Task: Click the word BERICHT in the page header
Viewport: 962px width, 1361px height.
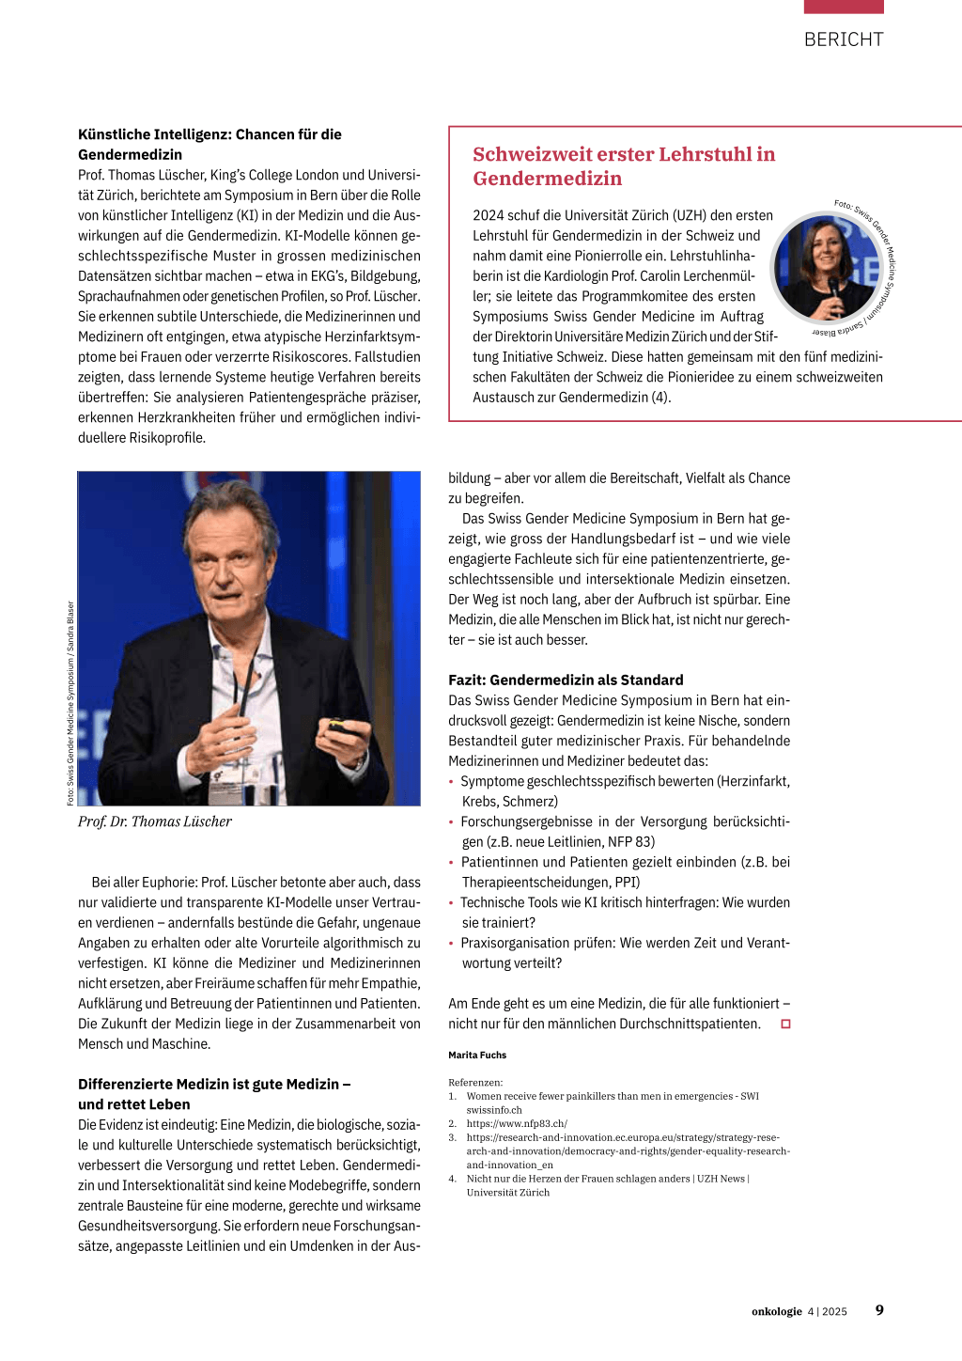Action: point(844,39)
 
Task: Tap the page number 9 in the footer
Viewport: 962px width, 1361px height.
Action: point(879,1310)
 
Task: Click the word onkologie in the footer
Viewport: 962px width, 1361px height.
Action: point(776,1311)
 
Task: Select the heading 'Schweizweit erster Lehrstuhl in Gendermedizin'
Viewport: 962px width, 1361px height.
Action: point(624,166)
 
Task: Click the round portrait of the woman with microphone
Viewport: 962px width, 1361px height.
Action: point(827,268)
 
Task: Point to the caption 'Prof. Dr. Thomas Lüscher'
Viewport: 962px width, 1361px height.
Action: point(155,821)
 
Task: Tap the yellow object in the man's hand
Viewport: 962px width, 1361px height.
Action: point(336,727)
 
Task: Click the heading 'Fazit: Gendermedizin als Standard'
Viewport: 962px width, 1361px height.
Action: point(566,680)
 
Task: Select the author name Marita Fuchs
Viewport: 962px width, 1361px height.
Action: point(477,1055)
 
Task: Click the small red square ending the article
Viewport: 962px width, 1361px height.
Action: point(785,1024)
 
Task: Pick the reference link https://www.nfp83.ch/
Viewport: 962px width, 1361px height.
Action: point(517,1123)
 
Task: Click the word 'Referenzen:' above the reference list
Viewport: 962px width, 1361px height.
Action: point(475,1082)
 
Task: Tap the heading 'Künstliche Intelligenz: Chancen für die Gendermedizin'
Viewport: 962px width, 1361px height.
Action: point(209,144)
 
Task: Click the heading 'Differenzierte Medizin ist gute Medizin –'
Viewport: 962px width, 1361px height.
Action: point(214,1084)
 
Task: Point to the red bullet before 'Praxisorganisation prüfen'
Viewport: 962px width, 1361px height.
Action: point(451,943)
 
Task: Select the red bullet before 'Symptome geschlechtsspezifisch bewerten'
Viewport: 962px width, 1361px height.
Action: point(451,781)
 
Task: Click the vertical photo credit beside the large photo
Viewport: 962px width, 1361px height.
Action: point(70,703)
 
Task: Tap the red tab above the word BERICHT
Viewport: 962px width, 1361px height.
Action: point(844,7)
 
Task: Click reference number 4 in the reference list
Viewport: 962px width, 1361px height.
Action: point(452,1179)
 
